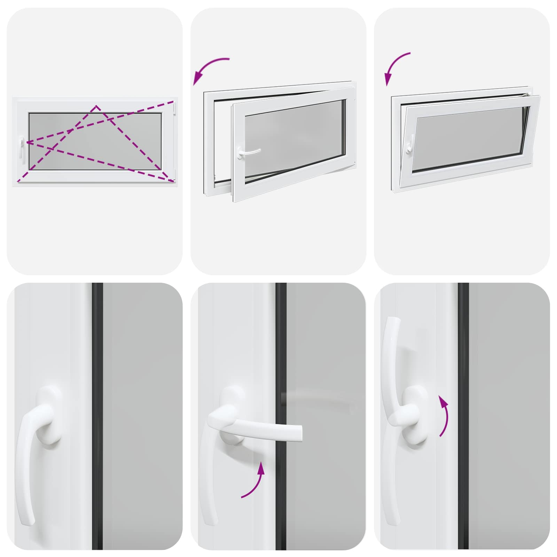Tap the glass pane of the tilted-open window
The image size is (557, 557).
[470, 139]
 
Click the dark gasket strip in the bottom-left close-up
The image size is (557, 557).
[97, 418]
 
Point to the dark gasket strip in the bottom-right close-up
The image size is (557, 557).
[463, 418]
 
